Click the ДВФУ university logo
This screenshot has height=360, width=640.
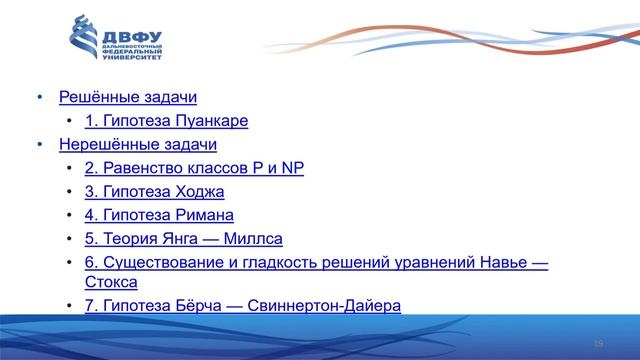pos(114,41)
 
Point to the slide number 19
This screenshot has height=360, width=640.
pos(598,344)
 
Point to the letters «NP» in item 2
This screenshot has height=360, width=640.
pos(292,168)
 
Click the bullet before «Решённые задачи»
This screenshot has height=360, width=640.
pos(40,98)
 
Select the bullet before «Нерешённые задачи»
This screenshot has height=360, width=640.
pos(40,146)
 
